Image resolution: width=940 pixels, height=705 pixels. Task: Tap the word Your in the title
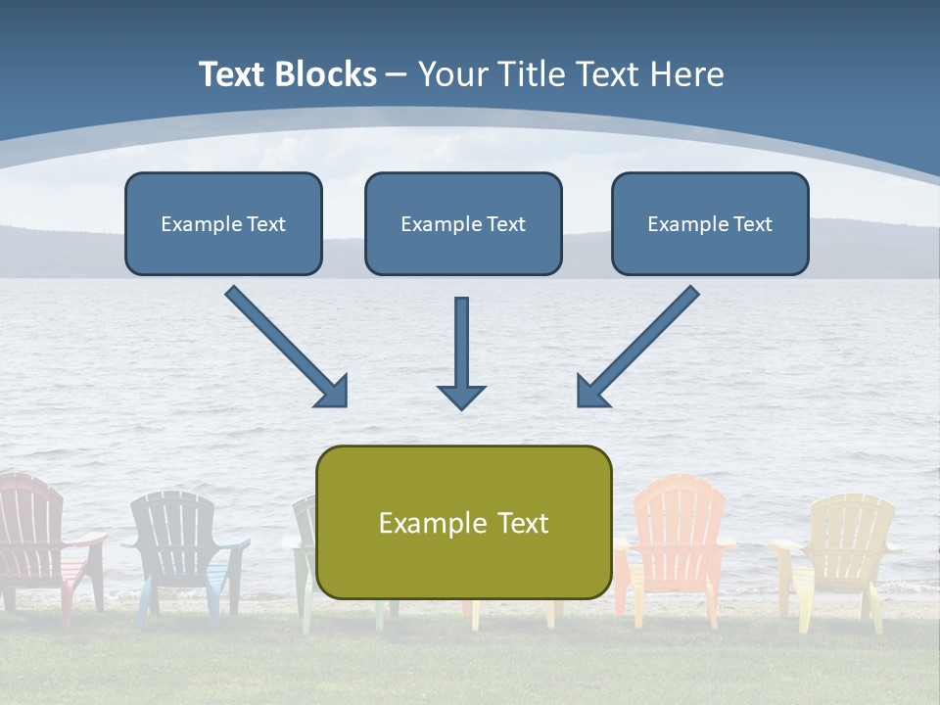pyautogui.click(x=454, y=74)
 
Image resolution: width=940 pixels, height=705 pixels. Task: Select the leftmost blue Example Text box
pyautogui.click(x=223, y=223)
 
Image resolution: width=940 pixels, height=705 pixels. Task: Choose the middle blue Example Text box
pyautogui.click(x=463, y=223)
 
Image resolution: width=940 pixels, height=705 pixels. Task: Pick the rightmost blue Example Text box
pyautogui.click(x=710, y=223)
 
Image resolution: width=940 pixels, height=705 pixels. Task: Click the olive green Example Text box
pyautogui.click(x=463, y=522)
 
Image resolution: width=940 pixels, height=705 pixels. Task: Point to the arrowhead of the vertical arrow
pyautogui.click(x=461, y=396)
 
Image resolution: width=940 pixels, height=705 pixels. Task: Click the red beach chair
pyautogui.click(x=39, y=539)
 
